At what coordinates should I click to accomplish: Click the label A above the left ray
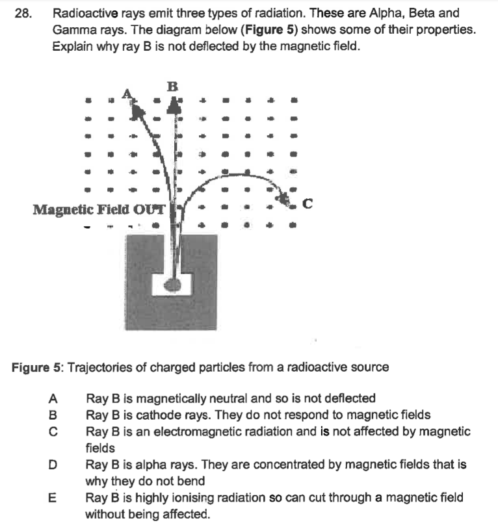(128, 94)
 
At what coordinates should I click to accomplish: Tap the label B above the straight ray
(172, 85)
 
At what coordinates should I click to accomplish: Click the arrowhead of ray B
(174, 104)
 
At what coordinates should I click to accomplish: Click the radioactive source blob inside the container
(172, 284)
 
